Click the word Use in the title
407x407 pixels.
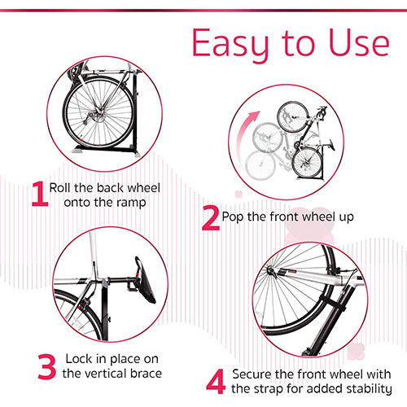(359, 43)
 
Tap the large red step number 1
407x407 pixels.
(40, 194)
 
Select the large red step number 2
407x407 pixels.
(211, 218)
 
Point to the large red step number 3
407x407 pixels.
(47, 366)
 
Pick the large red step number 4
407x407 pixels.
(216, 382)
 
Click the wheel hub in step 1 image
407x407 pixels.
(98, 111)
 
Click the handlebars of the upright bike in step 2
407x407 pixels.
(322, 112)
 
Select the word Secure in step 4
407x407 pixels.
(252, 374)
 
